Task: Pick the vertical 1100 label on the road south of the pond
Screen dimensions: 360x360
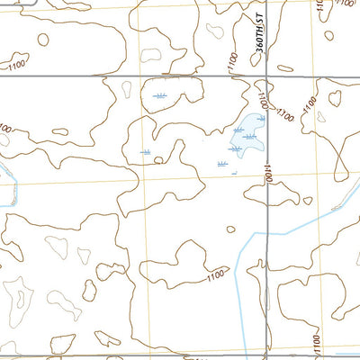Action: coord(267,173)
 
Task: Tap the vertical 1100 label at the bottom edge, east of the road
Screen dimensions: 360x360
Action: coord(316,342)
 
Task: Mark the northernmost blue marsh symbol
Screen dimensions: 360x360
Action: coord(159,95)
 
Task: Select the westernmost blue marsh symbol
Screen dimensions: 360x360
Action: coord(146,153)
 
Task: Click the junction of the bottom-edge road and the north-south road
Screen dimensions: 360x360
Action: coord(268,356)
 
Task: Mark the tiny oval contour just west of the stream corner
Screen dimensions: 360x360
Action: coord(230,229)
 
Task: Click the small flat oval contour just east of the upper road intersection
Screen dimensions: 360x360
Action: coord(286,67)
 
